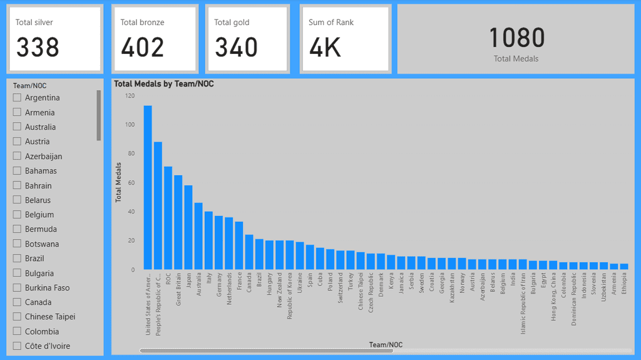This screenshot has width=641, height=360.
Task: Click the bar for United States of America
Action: click(x=148, y=188)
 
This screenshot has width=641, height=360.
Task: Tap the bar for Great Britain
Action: click(x=178, y=222)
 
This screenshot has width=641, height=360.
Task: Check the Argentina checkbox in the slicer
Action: click(x=18, y=98)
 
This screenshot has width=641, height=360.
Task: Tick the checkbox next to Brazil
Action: click(x=18, y=259)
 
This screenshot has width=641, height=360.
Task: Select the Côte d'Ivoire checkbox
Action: click(x=18, y=346)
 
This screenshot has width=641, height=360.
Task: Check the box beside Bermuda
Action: click(x=18, y=229)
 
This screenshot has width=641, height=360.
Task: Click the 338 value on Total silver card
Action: click(x=38, y=48)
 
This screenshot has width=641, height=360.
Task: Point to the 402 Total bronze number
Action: click(x=142, y=48)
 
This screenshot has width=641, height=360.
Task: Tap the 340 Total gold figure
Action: click(x=236, y=48)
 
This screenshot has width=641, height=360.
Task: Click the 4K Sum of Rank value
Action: click(x=325, y=48)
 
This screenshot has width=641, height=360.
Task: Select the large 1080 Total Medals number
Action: click(x=516, y=38)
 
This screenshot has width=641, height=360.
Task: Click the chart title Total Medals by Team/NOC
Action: click(x=164, y=83)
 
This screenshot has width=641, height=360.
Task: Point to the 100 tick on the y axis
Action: click(x=130, y=125)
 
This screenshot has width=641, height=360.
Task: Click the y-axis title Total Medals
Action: click(x=118, y=182)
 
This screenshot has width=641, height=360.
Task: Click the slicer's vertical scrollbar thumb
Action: click(x=98, y=115)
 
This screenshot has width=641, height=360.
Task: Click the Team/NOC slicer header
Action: click(x=30, y=86)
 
